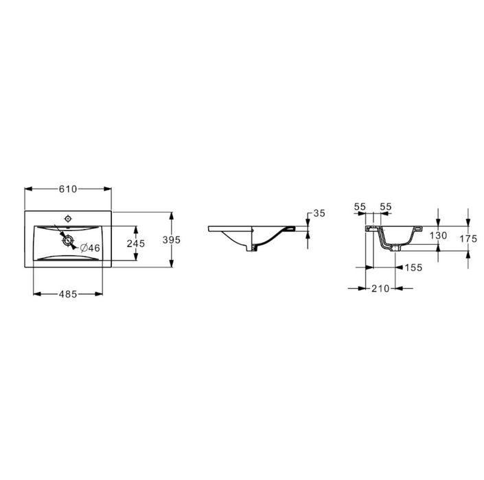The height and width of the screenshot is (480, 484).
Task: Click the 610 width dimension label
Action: coord(67,189)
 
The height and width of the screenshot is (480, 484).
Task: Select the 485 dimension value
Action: coord(67,294)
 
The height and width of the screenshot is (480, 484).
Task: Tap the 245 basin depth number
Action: coord(136,243)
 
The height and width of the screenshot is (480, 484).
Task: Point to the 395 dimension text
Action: coord(172,239)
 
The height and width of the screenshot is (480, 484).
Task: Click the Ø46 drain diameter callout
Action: coord(90,248)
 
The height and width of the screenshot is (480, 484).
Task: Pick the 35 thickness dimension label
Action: coord(319,213)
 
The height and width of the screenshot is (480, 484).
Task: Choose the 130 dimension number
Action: coord(438,235)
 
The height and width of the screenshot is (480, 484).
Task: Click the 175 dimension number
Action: coord(468,239)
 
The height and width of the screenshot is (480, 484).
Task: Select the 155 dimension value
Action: coord(413,267)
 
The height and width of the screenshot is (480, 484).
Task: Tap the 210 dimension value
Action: coord(380,289)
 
